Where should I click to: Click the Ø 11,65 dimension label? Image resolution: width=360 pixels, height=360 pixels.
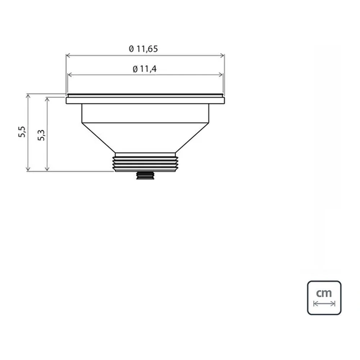pyautogui.click(x=143, y=49)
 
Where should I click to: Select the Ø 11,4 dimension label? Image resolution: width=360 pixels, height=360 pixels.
pyautogui.click(x=145, y=69)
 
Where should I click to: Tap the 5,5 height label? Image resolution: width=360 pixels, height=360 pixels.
pyautogui.click(x=22, y=132)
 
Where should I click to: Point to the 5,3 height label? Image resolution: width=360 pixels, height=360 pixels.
pyautogui.click(x=41, y=135)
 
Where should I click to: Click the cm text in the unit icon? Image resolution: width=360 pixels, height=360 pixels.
pyautogui.click(x=324, y=293)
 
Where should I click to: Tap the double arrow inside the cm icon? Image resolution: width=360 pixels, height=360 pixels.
pyautogui.click(x=324, y=304)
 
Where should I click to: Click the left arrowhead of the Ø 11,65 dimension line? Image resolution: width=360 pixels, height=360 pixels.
pyautogui.click(x=68, y=55)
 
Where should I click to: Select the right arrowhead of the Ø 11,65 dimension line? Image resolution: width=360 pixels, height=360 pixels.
pyautogui.click(x=222, y=55)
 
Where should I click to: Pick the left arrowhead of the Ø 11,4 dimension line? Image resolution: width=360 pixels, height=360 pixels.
pyautogui.click(x=70, y=75)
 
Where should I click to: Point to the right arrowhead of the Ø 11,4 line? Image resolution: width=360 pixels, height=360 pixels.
pyautogui.click(x=220, y=75)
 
